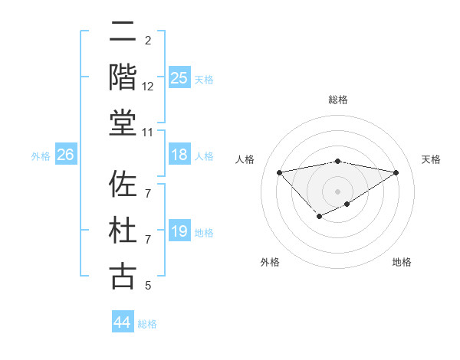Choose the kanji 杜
123,231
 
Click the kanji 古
123,276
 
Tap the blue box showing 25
179,77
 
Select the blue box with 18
179,155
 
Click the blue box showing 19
179,231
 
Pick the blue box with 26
65,155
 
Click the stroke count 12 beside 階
148,87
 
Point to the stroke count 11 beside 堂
148,133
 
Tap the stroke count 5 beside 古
148,286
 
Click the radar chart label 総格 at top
337,100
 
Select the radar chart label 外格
270,262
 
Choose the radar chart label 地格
402,262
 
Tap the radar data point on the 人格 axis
279,172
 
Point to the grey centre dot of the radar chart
337,191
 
